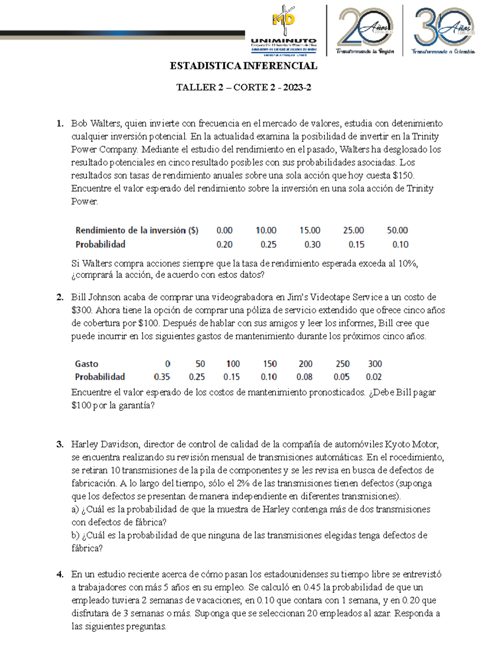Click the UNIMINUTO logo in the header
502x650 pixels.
[x=284, y=31]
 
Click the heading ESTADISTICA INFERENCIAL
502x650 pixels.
[x=243, y=66]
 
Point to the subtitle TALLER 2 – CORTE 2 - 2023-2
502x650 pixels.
[x=243, y=87]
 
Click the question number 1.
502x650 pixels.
[x=60, y=123]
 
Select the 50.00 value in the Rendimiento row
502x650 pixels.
[x=397, y=230]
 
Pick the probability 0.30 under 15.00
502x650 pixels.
[x=312, y=244]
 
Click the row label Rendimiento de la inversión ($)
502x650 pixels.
[x=137, y=230]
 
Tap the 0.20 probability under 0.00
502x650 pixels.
[x=224, y=244]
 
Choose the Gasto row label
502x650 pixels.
[x=87, y=364]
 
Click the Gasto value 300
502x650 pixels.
[x=375, y=364]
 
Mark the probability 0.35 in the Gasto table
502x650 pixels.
[x=162, y=377]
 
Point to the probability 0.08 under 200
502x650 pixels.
[x=305, y=377]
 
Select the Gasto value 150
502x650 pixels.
[x=270, y=364]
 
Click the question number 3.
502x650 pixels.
[x=60, y=444]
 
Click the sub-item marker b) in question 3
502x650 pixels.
[x=75, y=535]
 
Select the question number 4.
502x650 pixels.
[x=60, y=574]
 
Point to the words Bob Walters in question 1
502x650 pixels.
[x=96, y=123]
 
